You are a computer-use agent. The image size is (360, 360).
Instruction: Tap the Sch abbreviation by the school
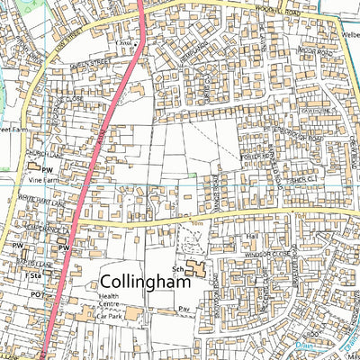[x=180, y=267]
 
